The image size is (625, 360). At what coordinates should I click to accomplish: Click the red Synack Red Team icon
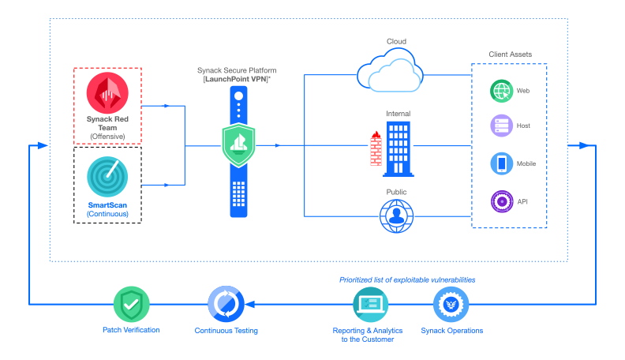click(x=107, y=93)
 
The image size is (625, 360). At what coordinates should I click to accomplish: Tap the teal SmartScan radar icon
click(x=107, y=176)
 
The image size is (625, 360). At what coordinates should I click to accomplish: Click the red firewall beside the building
click(x=374, y=149)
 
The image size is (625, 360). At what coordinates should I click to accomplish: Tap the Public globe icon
click(x=397, y=216)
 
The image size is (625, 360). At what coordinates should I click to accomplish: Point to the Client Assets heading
click(x=510, y=54)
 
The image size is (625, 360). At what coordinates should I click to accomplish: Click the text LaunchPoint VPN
click(x=238, y=79)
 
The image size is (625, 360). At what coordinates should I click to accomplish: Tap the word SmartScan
click(x=107, y=204)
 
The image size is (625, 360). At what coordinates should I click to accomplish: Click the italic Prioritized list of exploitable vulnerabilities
click(x=407, y=279)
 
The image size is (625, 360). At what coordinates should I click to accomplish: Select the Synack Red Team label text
click(x=107, y=124)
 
